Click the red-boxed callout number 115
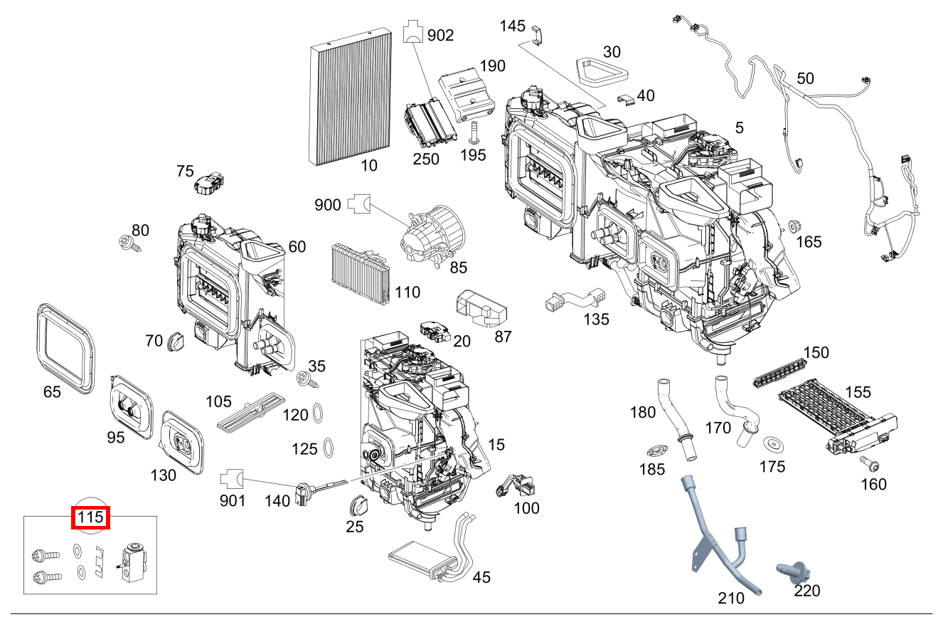tap(91, 517)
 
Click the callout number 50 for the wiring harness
tap(805, 78)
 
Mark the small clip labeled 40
tap(625, 97)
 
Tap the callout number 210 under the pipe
tap(731, 599)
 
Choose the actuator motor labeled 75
tap(208, 184)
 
